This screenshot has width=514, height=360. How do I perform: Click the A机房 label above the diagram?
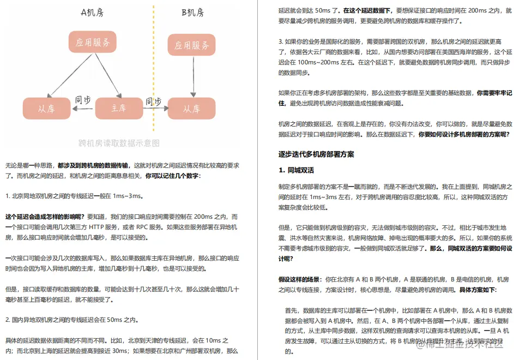tap(92, 12)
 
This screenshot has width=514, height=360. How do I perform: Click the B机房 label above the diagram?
tap(192, 12)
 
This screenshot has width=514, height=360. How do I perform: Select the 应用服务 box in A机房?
tap(93, 42)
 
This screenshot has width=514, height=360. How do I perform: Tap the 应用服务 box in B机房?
tap(192, 45)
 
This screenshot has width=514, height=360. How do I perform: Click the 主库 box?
tap(119, 108)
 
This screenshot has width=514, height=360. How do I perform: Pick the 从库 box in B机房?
tap(192, 109)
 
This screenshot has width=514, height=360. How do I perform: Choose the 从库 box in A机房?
tap(46, 108)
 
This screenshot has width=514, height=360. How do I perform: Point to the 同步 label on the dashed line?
tap(153, 101)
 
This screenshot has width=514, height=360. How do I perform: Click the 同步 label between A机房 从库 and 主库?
tap(83, 100)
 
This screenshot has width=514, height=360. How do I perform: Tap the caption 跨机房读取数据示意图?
tap(119, 143)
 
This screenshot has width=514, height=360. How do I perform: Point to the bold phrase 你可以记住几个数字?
tap(172, 176)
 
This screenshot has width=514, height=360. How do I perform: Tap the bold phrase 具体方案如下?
tap(477, 290)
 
